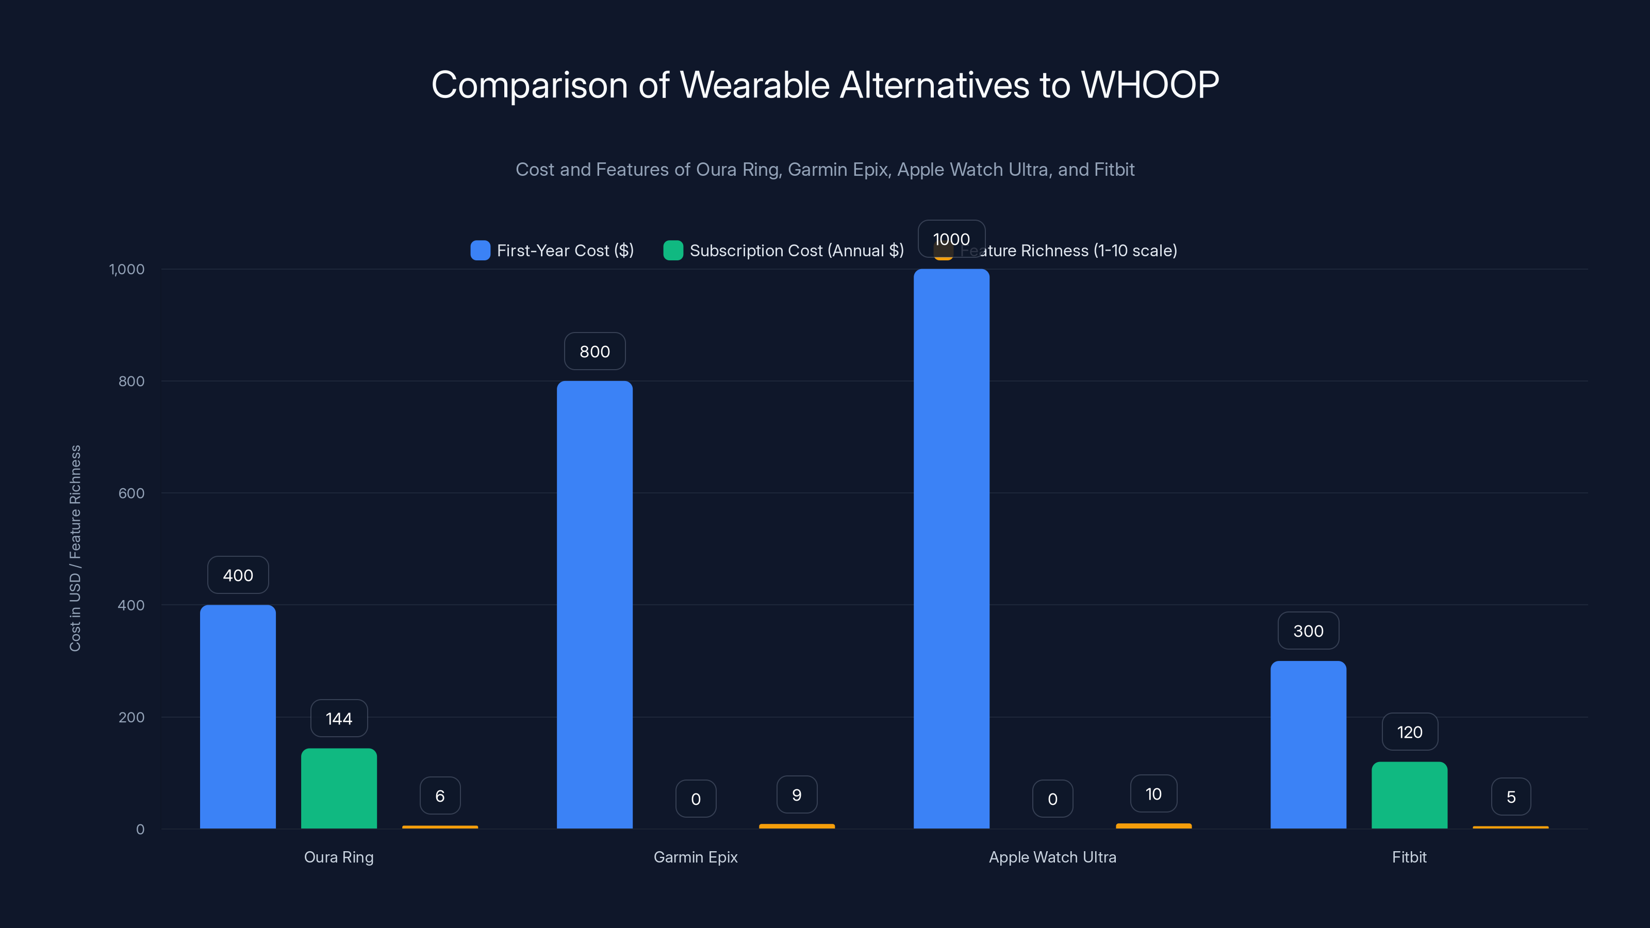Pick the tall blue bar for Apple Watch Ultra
[x=951, y=548]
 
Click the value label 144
[x=339, y=719]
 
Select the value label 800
[x=595, y=352]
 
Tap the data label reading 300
[x=1308, y=631]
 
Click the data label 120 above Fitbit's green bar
[x=1409, y=732]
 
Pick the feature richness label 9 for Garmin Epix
[x=797, y=795]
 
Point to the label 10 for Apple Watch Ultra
[x=1153, y=794]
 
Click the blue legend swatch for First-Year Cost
[x=481, y=251]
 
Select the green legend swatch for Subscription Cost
[x=673, y=251]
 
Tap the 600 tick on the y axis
[x=131, y=493]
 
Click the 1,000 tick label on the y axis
[x=127, y=269]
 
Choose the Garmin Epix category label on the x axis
[x=696, y=857]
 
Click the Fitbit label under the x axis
[x=1409, y=857]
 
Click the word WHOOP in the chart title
[x=1150, y=85]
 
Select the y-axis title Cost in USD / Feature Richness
[x=75, y=548]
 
